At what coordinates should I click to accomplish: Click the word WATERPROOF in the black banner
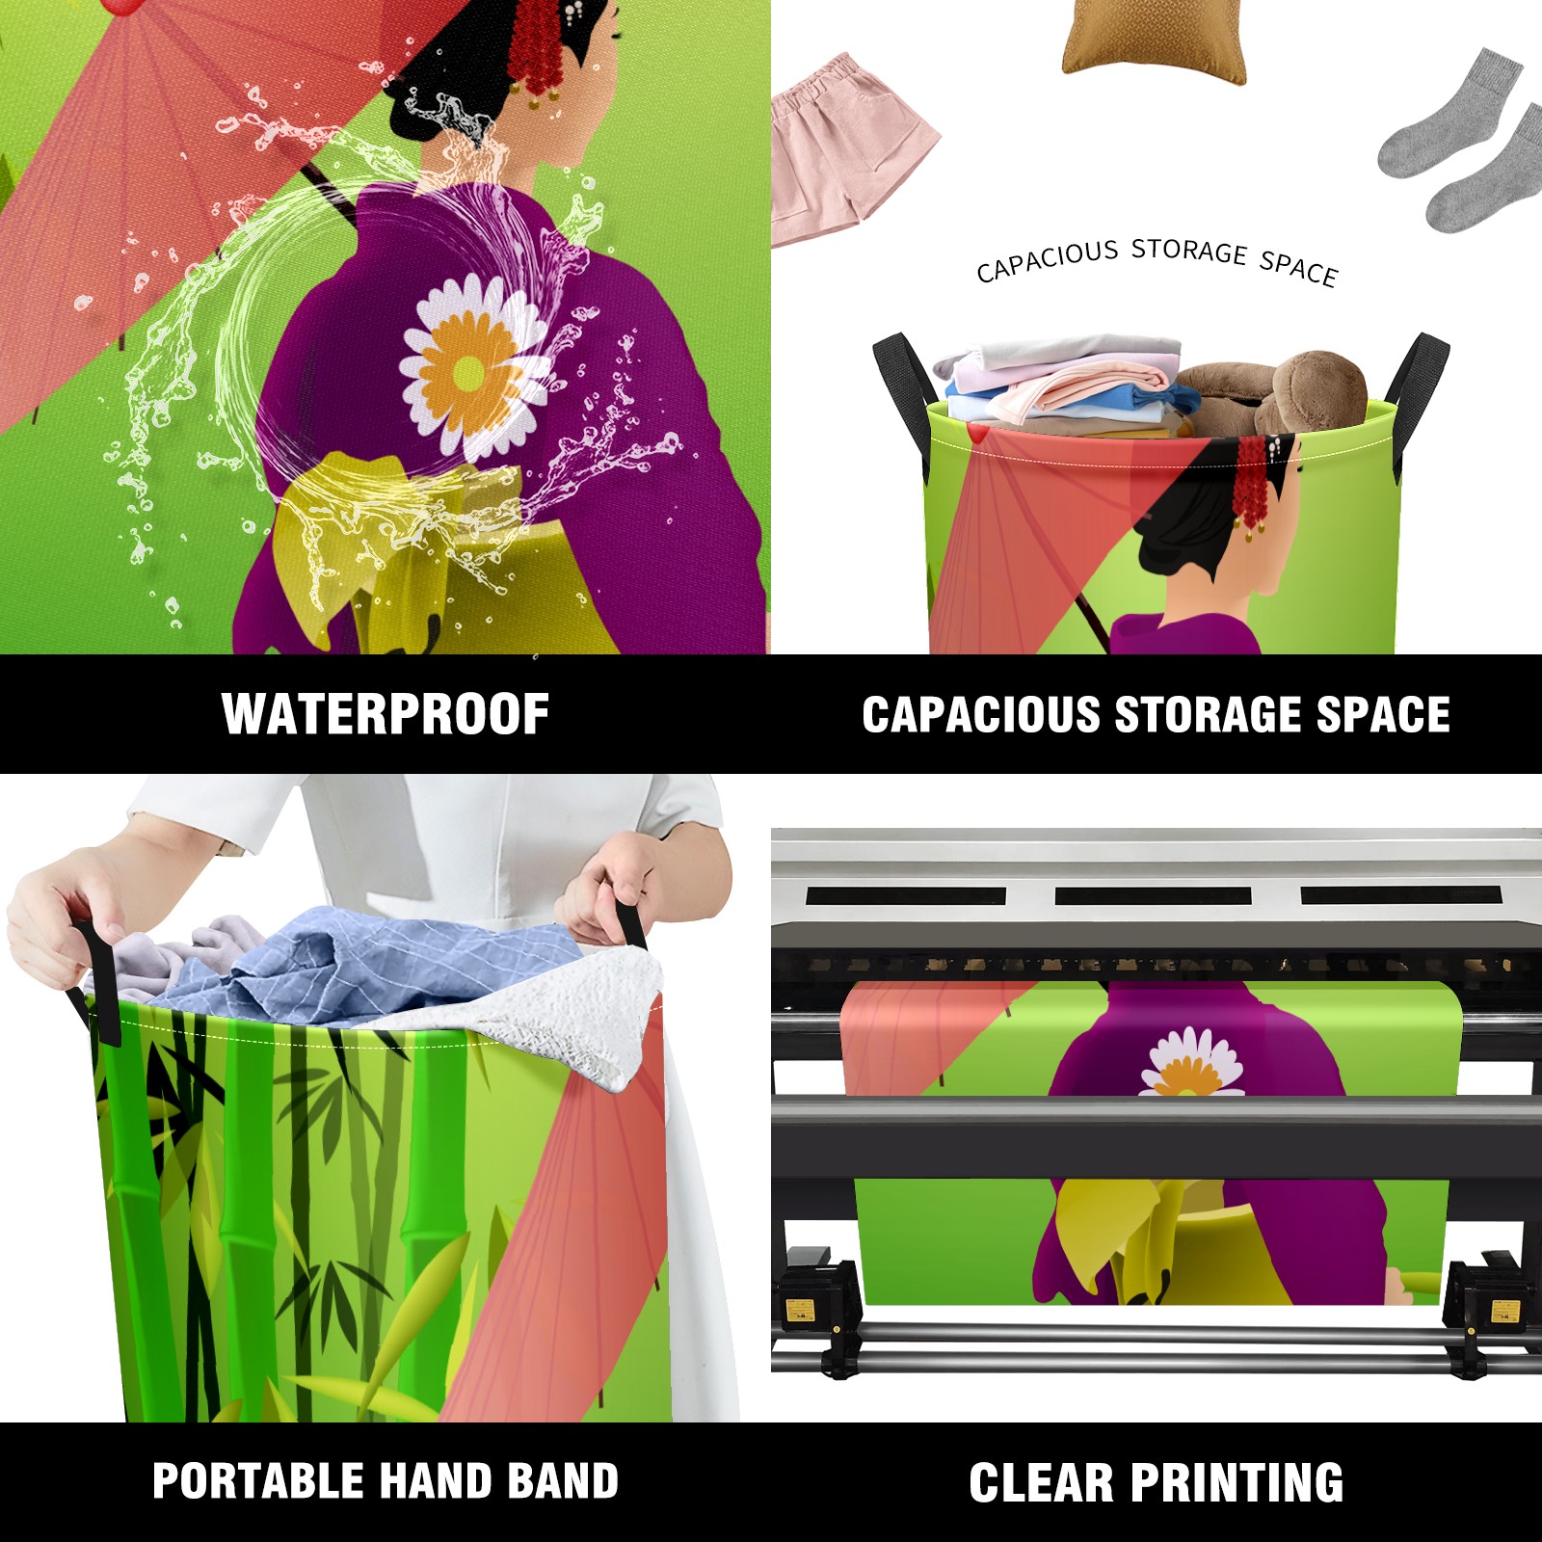pyautogui.click(x=385, y=714)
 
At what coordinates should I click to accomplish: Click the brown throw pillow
pyautogui.click(x=1155, y=39)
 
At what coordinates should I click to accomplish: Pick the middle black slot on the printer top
pyautogui.click(x=1153, y=896)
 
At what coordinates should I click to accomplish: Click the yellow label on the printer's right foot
pyautogui.click(x=1504, y=1313)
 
